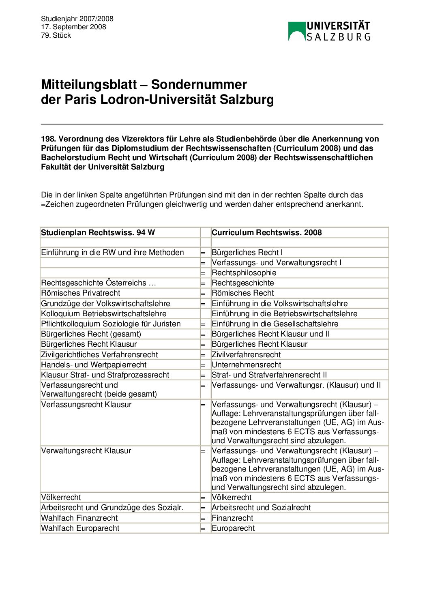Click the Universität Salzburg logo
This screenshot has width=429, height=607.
(329, 31)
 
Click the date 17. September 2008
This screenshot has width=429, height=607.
(73, 27)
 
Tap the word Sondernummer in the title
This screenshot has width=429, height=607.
(199, 84)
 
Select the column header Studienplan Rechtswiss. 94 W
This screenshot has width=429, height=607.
(98, 232)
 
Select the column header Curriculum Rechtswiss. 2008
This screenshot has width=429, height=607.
(266, 232)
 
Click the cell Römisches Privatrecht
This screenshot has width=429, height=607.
(81, 293)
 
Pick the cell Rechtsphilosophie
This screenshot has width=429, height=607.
(244, 272)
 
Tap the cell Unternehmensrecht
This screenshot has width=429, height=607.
(246, 365)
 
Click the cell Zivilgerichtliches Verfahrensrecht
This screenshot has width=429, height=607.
(99, 354)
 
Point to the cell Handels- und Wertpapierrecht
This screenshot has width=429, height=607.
(94, 365)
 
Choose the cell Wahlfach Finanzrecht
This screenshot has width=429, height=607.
(79, 518)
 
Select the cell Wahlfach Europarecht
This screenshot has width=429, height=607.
(80, 528)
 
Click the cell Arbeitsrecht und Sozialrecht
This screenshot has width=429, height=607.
(261, 507)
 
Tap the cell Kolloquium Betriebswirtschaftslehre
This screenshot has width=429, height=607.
(104, 313)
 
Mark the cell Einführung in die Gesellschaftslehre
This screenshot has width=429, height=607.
(275, 324)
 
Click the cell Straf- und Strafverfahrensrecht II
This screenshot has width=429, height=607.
(269, 375)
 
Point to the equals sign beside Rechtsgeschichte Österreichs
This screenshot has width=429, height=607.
(203, 283)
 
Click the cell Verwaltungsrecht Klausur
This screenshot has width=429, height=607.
(86, 450)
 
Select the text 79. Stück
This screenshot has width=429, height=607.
(56, 35)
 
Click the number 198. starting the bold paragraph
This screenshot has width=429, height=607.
(49, 139)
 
